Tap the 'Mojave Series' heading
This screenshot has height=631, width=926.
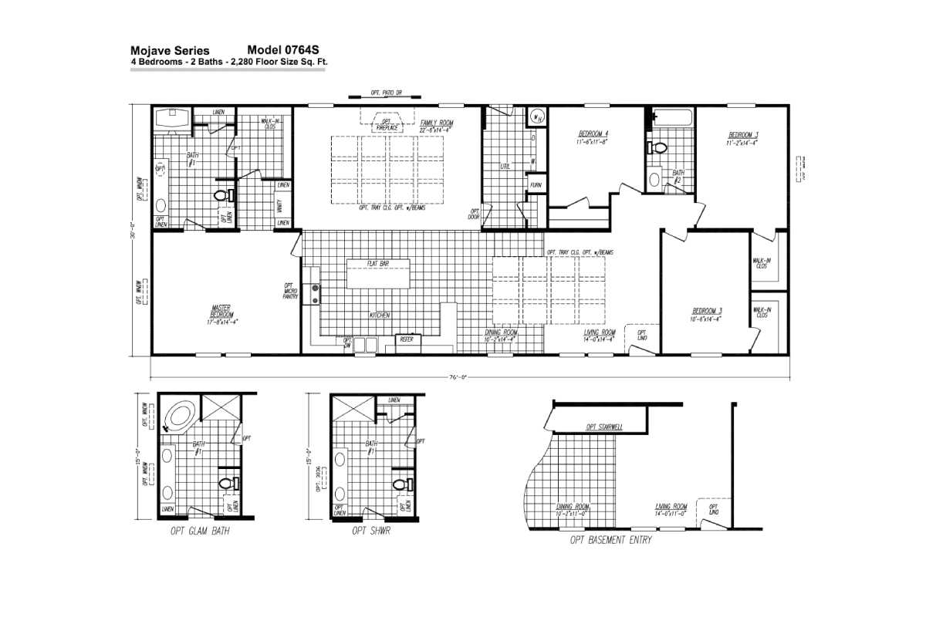click(170, 51)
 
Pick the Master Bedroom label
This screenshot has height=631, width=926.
click(221, 314)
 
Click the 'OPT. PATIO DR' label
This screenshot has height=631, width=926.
click(386, 93)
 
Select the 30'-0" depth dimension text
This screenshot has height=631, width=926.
click(133, 231)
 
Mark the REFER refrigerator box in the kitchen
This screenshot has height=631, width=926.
click(406, 339)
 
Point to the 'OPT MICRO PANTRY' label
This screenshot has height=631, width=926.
click(291, 291)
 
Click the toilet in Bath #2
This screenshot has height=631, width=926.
click(658, 148)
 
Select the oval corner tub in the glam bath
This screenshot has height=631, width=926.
click(181, 417)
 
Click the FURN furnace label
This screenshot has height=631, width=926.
click(535, 186)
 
